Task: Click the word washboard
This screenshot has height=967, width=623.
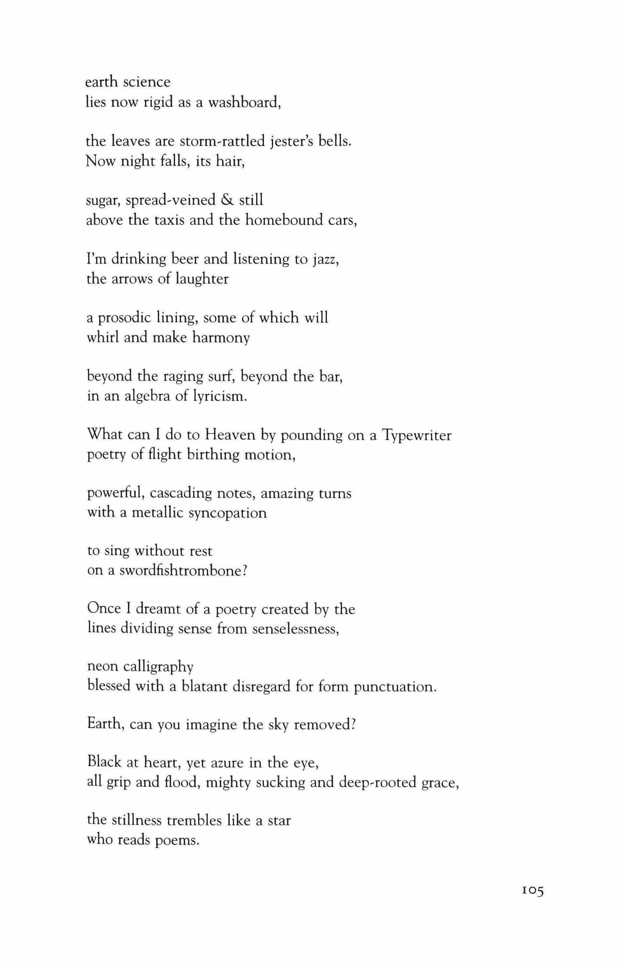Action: (244, 102)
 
